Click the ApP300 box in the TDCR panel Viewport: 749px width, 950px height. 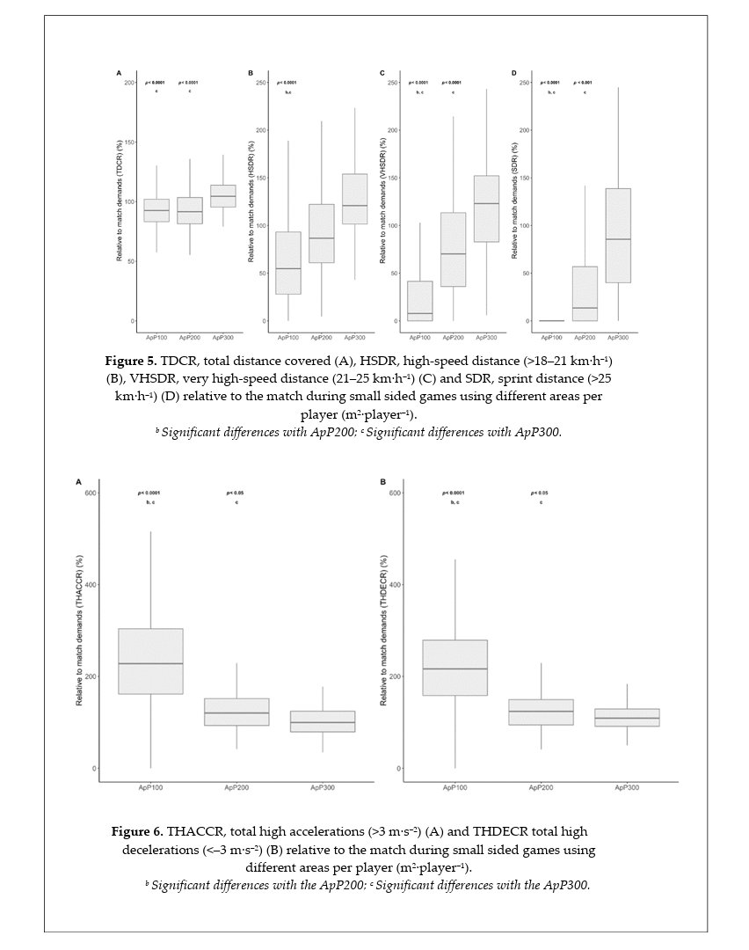(x=222, y=196)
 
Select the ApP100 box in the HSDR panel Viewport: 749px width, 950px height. (x=288, y=262)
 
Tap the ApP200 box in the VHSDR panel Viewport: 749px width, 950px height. (x=454, y=249)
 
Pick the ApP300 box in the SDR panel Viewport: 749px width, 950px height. (x=618, y=235)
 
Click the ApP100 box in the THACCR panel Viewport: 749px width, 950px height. (x=150, y=661)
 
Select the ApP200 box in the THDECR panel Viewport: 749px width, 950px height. (x=541, y=712)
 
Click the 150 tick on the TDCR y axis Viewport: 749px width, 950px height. (x=130, y=142)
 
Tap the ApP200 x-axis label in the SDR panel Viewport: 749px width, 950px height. (x=585, y=337)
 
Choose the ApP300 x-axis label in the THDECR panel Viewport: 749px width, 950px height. (x=627, y=787)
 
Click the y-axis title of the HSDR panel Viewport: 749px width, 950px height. (x=251, y=202)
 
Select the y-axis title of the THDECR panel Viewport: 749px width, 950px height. (x=383, y=630)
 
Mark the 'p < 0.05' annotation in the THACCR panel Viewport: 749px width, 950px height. (x=235, y=493)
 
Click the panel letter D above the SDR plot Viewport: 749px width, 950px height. (x=514, y=73)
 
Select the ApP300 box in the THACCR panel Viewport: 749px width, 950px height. (x=323, y=721)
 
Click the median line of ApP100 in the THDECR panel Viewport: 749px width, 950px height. (x=454, y=669)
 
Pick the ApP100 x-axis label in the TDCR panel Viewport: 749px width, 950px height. (x=156, y=337)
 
